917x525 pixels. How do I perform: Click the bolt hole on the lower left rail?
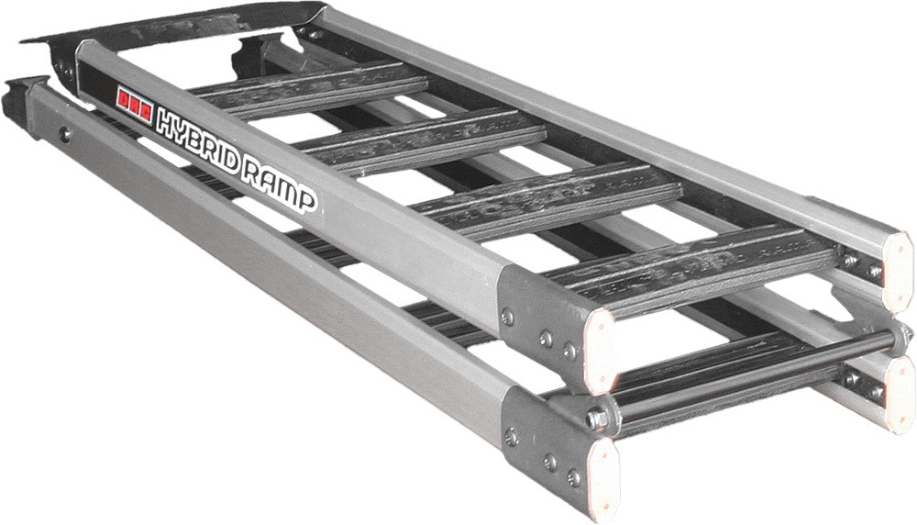[63, 135]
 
